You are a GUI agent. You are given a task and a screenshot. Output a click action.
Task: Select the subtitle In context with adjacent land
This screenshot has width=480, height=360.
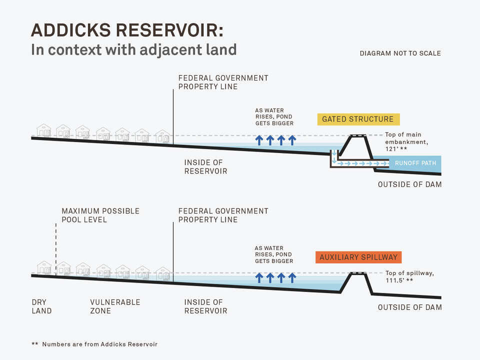pyautogui.click(x=133, y=50)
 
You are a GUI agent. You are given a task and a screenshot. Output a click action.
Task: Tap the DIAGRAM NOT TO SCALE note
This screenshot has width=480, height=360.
pyautogui.click(x=400, y=53)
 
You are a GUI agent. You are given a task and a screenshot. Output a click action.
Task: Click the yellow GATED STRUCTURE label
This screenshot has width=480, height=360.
pyautogui.click(x=358, y=119)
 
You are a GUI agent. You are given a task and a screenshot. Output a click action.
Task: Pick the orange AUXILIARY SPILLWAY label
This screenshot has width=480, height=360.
pyautogui.click(x=358, y=257)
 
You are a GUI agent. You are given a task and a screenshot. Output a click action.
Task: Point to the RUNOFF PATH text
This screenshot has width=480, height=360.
pyautogui.click(x=415, y=163)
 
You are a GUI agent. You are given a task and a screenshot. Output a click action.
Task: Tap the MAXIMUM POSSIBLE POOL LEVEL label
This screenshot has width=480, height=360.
pyautogui.click(x=100, y=215)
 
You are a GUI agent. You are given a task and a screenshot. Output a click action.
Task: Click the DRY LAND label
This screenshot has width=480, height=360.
pyautogui.click(x=41, y=306)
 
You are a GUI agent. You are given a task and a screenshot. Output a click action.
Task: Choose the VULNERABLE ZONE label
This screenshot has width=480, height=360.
pyautogui.click(x=115, y=306)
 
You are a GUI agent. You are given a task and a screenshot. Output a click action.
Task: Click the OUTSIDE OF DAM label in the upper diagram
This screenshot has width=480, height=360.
pyautogui.click(x=409, y=184)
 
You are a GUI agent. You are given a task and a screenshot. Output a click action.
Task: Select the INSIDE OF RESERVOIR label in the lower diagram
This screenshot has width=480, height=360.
pyautogui.click(x=205, y=306)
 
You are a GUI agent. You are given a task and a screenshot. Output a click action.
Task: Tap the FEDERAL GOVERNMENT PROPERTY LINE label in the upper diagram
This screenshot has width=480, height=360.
pyautogui.click(x=223, y=82)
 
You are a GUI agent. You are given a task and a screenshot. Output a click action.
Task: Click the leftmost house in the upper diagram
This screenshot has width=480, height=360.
pyautogui.click(x=44, y=131)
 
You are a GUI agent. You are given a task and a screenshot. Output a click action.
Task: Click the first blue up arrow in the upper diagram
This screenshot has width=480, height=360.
pyautogui.click(x=259, y=140)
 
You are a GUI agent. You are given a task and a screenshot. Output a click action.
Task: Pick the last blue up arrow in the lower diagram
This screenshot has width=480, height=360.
pyautogui.click(x=292, y=277)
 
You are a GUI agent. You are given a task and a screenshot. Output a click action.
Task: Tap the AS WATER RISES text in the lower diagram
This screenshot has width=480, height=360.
pyautogui.click(x=273, y=254)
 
